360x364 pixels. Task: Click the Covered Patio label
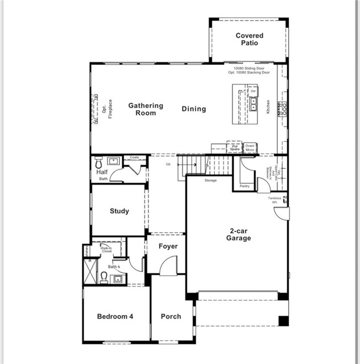tap(250, 39)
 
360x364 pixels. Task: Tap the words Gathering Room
tap(146, 109)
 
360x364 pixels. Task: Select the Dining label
tap(194, 109)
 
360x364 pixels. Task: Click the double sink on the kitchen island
tap(253, 104)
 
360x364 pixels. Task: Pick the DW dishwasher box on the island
tap(253, 91)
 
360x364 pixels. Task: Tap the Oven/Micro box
tap(249, 147)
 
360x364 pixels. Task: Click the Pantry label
tap(245, 186)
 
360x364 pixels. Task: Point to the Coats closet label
tap(135, 158)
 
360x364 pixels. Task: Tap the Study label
tap(119, 211)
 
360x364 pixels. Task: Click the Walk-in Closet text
tap(106, 250)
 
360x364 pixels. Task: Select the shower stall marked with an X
tap(90, 271)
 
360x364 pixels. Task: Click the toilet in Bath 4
tap(104, 277)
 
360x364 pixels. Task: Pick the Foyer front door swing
tap(166, 266)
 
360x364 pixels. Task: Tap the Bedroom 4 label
tap(115, 317)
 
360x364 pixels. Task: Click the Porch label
tap(171, 317)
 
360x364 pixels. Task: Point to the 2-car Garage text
tap(239, 234)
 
